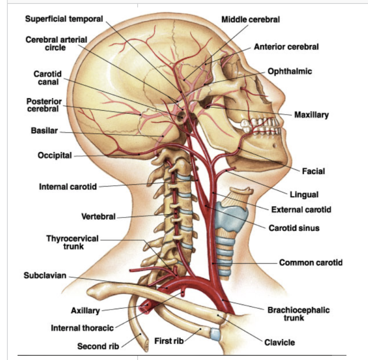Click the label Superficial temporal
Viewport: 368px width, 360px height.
coord(64,19)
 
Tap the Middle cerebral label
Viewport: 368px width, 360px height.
coord(250,19)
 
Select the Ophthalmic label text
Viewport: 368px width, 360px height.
coord(290,72)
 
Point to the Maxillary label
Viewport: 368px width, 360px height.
coord(312,115)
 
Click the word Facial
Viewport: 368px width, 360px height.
coord(313,171)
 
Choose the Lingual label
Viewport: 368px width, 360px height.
coord(304,195)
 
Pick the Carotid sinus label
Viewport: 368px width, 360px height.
coord(294,228)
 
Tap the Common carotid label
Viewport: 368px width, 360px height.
coord(310,263)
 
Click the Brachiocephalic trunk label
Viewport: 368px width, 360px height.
coord(298,314)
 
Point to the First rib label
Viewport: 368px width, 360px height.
coord(169,341)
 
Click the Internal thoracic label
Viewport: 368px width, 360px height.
coord(82,328)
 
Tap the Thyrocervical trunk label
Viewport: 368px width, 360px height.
coord(72,242)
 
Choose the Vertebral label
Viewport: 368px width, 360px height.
coord(98,217)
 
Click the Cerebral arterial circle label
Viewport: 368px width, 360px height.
coord(56,43)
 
